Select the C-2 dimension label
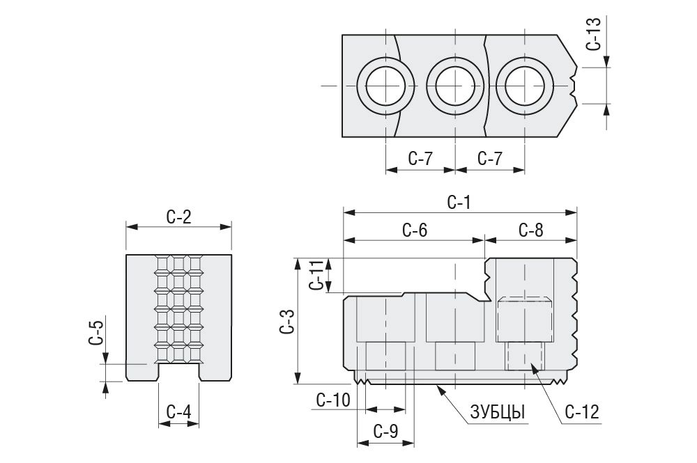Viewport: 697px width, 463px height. tap(179, 217)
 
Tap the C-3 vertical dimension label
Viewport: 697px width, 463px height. tap(286, 321)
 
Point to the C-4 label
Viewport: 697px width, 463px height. tap(179, 412)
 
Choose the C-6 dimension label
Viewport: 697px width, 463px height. tap(415, 230)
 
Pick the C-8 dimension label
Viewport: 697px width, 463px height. tap(530, 230)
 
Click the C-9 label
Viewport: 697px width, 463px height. tap(385, 432)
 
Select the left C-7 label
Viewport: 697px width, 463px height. tap(420, 159)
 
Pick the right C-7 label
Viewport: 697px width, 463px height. tap(490, 159)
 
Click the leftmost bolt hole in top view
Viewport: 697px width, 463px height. tap(385, 86)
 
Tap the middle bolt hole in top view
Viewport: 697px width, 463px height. tap(454, 86)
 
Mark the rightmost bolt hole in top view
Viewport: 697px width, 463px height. tap(524, 86)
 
